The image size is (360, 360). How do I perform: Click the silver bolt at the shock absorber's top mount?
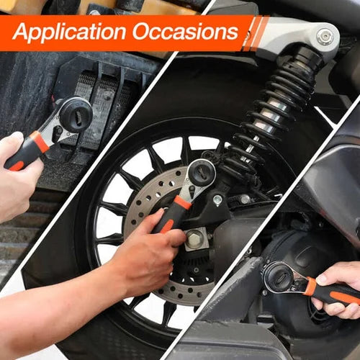click(325, 37)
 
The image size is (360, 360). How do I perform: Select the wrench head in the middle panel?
click(200, 174)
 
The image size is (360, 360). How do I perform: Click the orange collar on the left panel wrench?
click(40, 141)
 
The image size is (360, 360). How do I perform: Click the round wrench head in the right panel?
click(277, 277)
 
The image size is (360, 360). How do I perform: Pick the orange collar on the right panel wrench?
click(310, 287)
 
